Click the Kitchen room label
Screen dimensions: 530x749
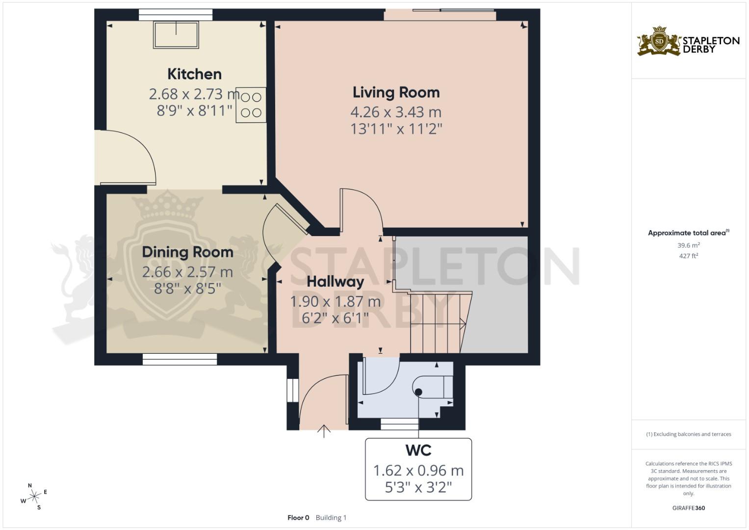coord(194,74)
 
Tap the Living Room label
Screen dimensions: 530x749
coord(396,92)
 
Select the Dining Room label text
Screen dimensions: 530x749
coord(187,252)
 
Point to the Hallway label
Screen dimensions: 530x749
coord(335,282)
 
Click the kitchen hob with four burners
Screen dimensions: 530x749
coord(251,105)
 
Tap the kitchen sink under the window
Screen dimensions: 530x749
coord(176,35)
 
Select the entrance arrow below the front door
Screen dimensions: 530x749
coord(324,431)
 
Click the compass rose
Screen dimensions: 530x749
coord(34,497)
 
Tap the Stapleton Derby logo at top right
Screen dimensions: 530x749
coord(688,42)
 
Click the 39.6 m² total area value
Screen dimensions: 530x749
coord(688,245)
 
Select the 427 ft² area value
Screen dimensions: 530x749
coord(688,256)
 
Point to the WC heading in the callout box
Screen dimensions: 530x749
coord(418,450)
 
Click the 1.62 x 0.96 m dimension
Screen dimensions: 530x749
coord(418,471)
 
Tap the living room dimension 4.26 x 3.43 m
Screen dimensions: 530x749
coord(396,112)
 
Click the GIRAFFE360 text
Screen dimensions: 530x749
coord(688,508)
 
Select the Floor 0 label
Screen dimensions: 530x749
coord(298,517)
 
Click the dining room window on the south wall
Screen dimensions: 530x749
coord(180,360)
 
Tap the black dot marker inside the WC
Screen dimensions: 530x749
coord(418,392)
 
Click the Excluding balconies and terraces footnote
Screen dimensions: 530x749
coord(688,434)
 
